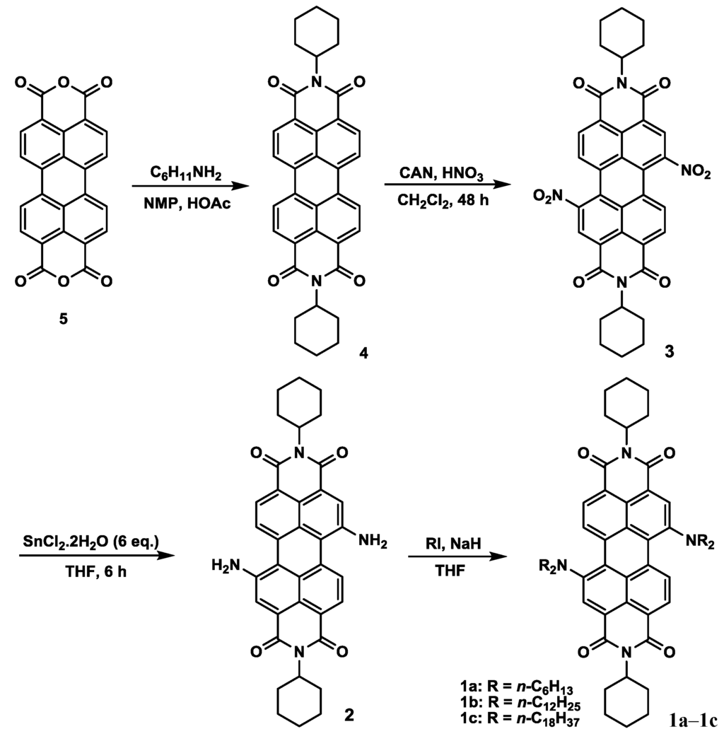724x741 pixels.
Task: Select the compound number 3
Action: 670,351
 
